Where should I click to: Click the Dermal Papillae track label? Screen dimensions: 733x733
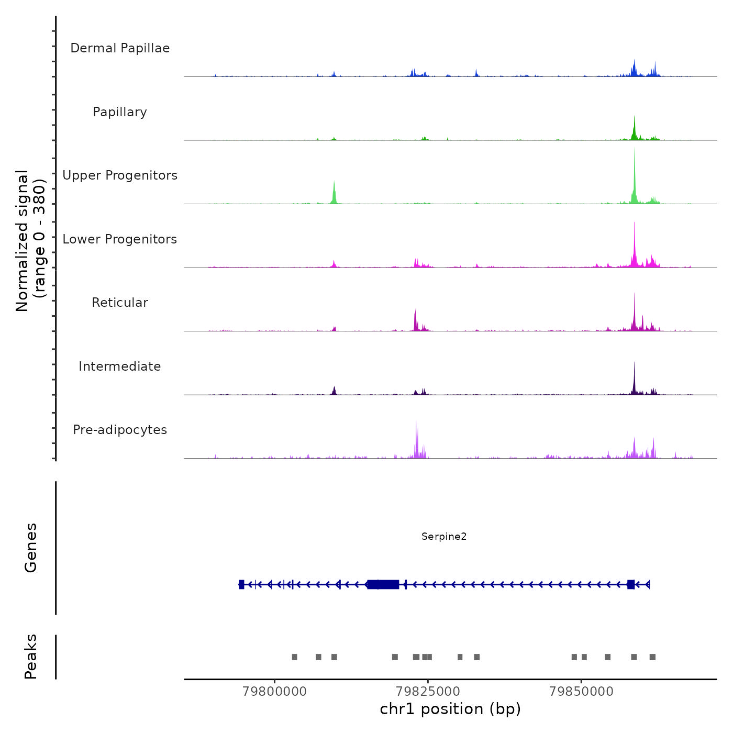pos(120,48)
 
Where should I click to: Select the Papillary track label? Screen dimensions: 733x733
pos(120,112)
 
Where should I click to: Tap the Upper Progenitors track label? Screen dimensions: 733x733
pos(120,175)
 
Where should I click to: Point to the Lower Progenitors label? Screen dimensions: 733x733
pos(120,239)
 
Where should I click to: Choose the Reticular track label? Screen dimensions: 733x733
pos(120,303)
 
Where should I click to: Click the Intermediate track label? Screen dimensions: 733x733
pos(120,366)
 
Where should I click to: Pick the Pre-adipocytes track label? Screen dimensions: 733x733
pos(120,430)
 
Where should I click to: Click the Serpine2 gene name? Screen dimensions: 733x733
pos(444,537)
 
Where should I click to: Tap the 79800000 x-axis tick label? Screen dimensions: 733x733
pos(275,692)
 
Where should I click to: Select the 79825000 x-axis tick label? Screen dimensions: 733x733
pos(428,692)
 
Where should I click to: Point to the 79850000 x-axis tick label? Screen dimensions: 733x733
pos(581,692)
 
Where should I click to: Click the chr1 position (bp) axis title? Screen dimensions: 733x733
pos(450,709)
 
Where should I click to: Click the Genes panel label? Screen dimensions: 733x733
pos(31,548)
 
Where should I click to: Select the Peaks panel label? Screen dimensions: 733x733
pos(31,657)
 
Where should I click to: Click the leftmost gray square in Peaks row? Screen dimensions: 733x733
pos(294,657)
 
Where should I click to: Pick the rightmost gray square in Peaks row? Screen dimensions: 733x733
pos(652,657)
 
